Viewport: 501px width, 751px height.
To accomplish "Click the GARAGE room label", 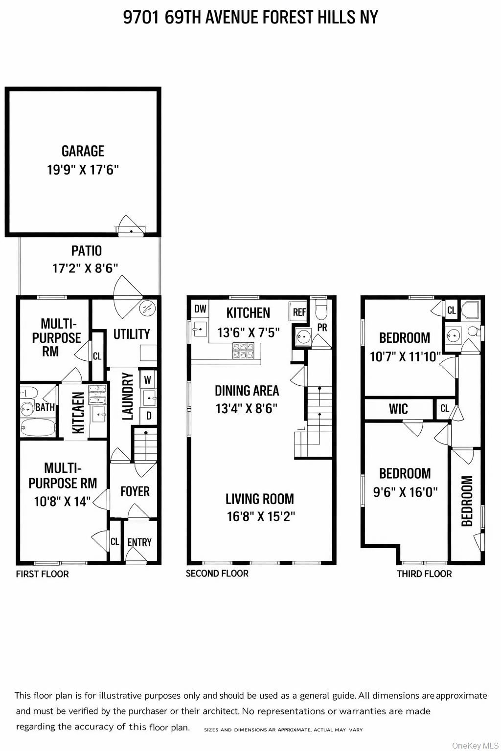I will click(83, 151).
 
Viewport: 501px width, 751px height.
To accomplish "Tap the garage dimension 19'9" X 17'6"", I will click(83, 170).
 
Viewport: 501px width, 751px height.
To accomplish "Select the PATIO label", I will click(87, 251).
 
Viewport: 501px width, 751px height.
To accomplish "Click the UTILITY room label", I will click(131, 334).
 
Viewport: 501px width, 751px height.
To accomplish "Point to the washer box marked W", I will click(147, 380).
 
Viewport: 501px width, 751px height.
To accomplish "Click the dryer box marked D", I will click(148, 416).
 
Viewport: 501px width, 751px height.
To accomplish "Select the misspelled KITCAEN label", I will click(78, 413).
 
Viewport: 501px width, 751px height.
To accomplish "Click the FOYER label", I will click(135, 491).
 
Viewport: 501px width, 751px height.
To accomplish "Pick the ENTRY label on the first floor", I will click(139, 542).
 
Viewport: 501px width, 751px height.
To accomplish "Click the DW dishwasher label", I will click(201, 309).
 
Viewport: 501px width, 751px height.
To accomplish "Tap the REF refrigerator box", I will click(299, 312).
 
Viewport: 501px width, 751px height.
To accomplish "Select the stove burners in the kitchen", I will click(243, 351).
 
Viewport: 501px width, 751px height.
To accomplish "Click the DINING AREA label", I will click(247, 391).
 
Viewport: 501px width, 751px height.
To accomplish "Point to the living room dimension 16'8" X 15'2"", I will click(261, 516).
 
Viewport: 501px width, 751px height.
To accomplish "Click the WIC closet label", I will click(398, 409).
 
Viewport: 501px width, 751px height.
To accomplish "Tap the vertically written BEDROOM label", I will click(467, 501).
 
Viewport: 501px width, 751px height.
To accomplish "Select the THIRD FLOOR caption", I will click(424, 574).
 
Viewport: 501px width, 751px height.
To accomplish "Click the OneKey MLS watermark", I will click(475, 745).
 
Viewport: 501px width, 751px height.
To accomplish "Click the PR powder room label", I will click(322, 328).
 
